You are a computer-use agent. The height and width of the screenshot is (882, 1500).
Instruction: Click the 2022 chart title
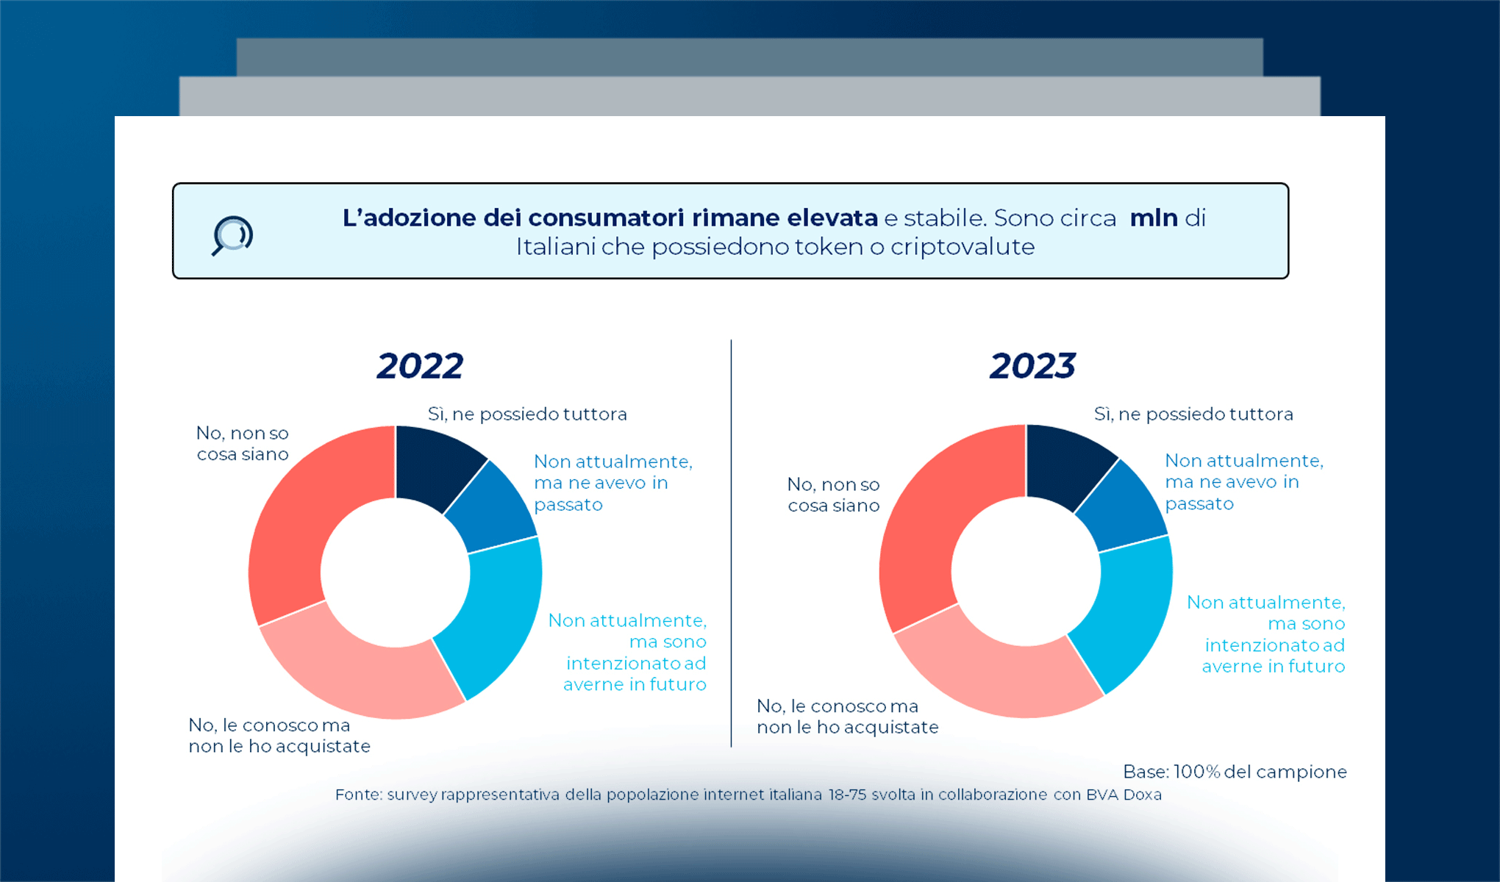point(420,366)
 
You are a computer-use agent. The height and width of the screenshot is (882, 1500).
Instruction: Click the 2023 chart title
point(1032,366)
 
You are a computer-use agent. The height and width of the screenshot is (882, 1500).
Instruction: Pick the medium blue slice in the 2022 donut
point(491,509)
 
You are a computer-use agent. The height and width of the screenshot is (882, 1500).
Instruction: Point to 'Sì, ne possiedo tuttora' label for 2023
point(1193,415)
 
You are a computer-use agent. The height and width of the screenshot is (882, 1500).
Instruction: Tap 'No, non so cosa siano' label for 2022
point(243,443)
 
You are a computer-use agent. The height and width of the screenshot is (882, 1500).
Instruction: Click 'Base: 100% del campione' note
point(1235,772)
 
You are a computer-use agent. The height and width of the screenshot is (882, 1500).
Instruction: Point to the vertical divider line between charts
point(731,544)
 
